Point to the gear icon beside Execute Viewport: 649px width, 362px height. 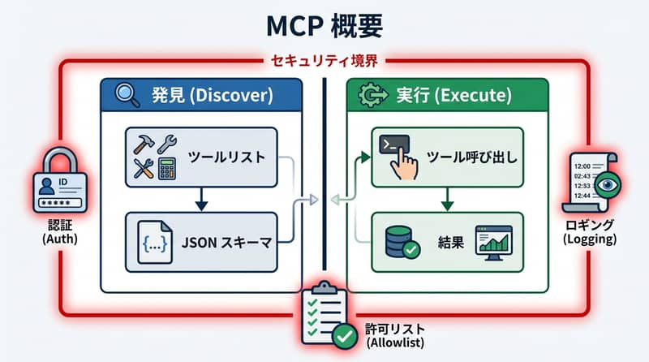tap(367, 96)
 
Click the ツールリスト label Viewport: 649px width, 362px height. tap(226, 157)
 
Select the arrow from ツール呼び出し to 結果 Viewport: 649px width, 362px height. tap(446, 199)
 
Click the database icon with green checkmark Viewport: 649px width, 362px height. tap(399, 241)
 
